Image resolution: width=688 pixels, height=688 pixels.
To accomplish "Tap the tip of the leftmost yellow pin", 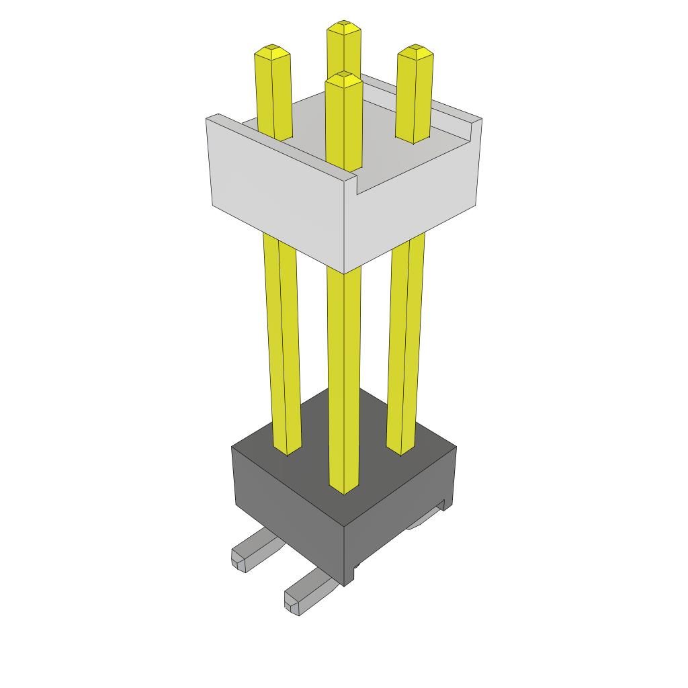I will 272,50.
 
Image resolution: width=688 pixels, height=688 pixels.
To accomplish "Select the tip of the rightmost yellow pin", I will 415,50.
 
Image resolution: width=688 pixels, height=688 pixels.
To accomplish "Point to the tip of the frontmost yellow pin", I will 343,77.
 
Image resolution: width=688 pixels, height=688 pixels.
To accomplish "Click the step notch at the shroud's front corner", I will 357,185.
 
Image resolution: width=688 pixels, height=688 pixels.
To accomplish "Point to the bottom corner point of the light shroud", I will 345,272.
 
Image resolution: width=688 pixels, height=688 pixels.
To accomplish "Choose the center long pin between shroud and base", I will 343,376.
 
